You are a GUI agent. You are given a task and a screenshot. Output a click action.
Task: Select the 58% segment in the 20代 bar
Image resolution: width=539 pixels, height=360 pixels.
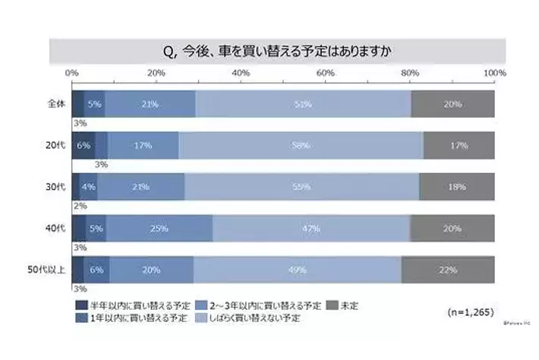click(x=301, y=145)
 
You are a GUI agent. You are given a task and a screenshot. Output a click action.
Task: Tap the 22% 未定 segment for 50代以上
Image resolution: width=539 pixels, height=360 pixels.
click(x=448, y=269)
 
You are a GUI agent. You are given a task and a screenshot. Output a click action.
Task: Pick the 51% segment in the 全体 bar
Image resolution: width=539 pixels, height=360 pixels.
click(x=303, y=104)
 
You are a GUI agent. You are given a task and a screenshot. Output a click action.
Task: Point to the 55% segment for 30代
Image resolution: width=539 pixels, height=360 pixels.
click(x=301, y=187)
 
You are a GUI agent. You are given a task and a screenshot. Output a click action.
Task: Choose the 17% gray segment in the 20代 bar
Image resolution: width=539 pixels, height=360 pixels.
click(x=459, y=145)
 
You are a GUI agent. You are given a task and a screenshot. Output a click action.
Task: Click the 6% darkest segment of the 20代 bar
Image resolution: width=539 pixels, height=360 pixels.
click(x=84, y=145)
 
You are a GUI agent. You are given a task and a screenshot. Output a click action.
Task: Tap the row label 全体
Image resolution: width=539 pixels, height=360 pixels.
click(x=54, y=104)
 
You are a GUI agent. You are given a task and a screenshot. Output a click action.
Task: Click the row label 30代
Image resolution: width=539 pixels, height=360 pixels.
click(x=53, y=187)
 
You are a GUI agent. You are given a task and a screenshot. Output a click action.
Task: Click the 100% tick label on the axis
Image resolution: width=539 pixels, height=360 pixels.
click(x=494, y=73)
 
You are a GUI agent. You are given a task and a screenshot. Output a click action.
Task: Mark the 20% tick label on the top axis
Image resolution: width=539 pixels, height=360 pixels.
click(x=156, y=73)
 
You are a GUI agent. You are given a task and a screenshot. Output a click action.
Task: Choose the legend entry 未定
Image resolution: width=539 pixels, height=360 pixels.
click(x=347, y=305)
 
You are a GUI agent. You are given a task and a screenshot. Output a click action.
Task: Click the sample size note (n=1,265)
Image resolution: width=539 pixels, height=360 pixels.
click(x=465, y=311)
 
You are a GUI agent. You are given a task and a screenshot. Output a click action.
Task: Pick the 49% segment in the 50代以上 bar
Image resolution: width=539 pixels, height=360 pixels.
click(x=298, y=269)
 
